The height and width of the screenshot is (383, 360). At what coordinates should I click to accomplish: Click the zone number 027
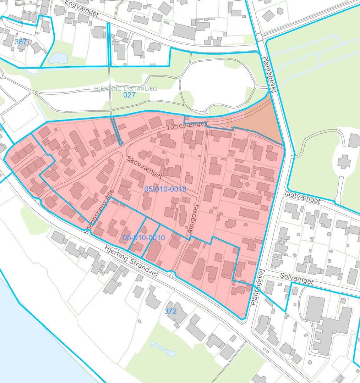(129, 95)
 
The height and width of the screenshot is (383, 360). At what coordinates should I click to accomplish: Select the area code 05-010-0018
(165, 189)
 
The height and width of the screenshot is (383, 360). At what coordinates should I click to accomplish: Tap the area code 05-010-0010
(144, 238)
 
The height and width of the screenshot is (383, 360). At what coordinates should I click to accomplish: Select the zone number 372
(170, 311)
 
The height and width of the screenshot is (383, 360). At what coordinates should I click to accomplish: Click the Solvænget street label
(296, 278)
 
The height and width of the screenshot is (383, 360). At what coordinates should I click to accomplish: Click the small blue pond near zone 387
(58, 58)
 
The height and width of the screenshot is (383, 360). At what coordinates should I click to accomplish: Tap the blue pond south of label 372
(162, 348)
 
